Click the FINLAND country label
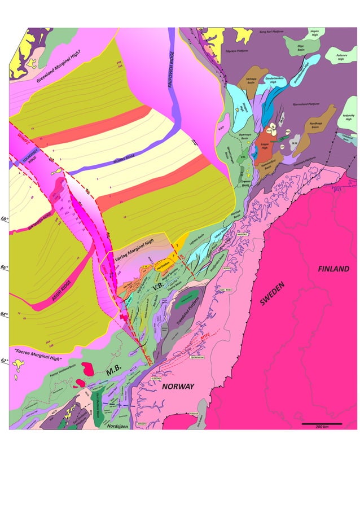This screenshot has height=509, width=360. (333, 269)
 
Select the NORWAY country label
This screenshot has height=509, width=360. (179, 387)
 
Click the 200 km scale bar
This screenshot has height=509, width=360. (322, 424)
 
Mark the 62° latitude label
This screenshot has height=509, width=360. (5, 361)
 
